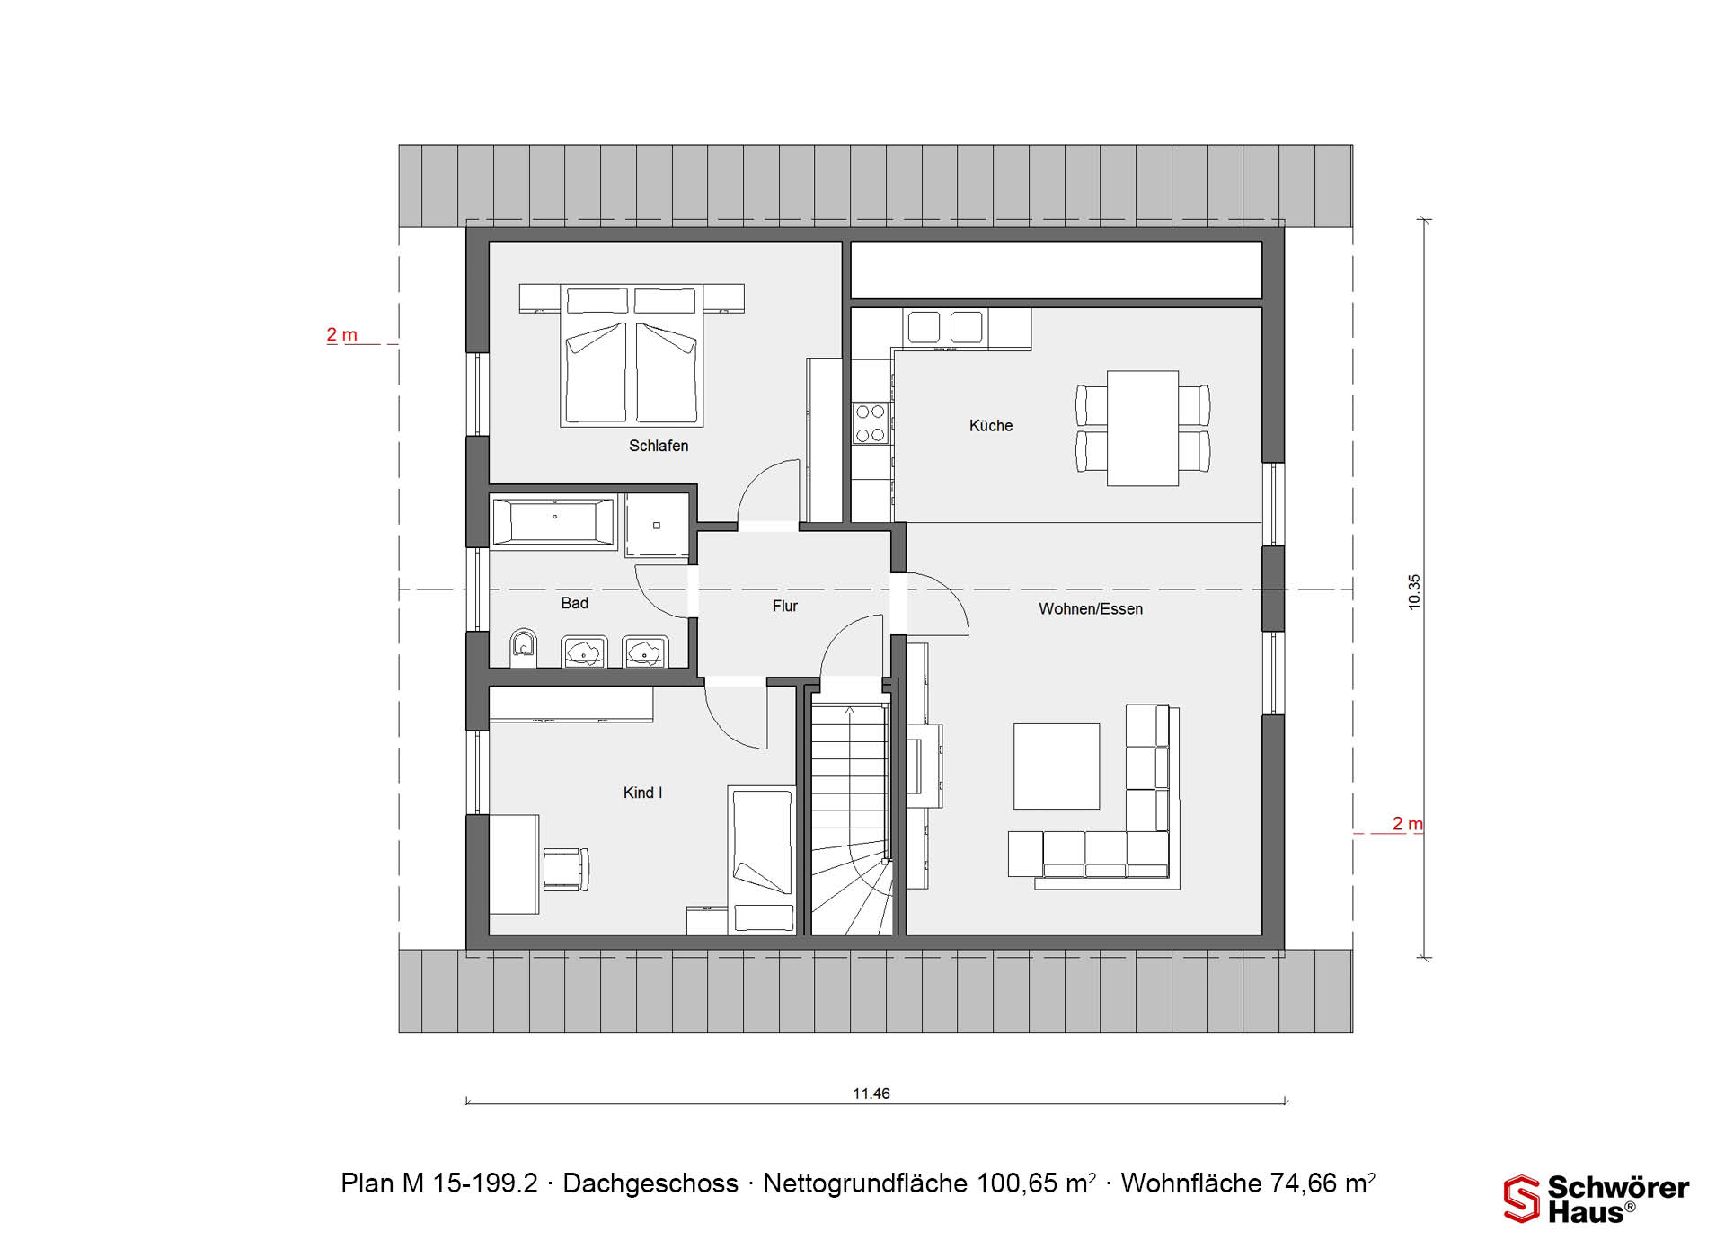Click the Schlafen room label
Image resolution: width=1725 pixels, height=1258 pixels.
[x=659, y=446]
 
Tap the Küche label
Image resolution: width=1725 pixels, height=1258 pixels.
[x=991, y=426]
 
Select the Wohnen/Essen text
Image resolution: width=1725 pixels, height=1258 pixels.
[x=1091, y=609]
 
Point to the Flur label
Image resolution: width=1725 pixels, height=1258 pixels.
[x=785, y=607]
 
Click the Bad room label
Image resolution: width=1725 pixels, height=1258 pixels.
[x=575, y=604]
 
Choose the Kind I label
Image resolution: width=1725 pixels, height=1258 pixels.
[x=642, y=793]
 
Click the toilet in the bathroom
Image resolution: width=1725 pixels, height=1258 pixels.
[x=523, y=647]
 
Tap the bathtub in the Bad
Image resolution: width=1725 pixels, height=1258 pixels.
[x=553, y=520]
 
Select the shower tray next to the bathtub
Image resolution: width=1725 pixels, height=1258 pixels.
[x=657, y=525]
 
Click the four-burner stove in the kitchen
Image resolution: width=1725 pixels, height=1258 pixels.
[x=870, y=423]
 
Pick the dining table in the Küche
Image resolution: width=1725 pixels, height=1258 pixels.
[x=1143, y=429]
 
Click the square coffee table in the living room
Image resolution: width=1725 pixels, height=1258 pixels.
[x=1057, y=766]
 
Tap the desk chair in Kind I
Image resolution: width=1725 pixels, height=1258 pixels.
[x=566, y=869]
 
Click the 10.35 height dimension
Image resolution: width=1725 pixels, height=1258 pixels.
[x=1414, y=592]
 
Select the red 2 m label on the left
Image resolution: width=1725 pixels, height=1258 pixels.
[x=341, y=335]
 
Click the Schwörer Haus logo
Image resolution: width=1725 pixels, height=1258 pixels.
[x=1597, y=1200]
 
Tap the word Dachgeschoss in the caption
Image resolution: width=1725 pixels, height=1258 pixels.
[x=650, y=1183]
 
